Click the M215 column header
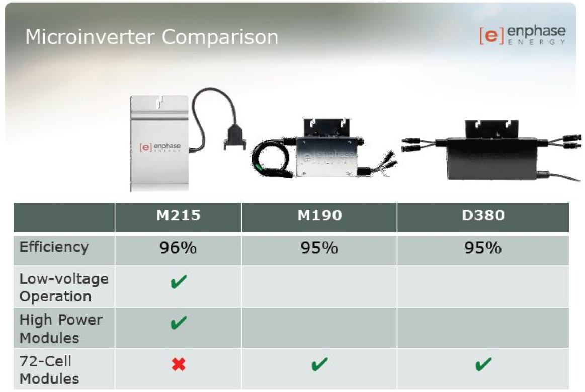[178, 216]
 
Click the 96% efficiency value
[178, 248]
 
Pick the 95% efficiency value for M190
[319, 248]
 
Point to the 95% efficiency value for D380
[482, 248]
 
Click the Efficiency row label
[54, 247]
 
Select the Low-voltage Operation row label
[63, 287]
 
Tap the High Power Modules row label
[60, 328]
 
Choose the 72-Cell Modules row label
[49, 369]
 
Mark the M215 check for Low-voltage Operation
[178, 281]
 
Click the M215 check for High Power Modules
[178, 323]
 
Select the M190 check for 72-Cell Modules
[319, 364]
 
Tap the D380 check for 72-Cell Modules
[483, 364]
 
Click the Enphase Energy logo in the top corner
[522, 35]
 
